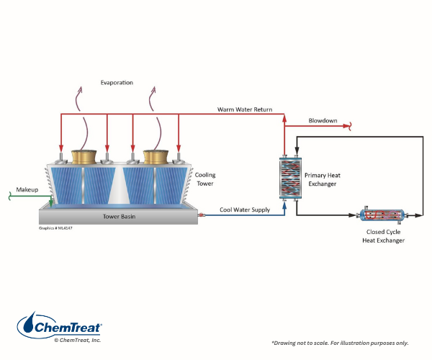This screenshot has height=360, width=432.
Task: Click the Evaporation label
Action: coord(117,83)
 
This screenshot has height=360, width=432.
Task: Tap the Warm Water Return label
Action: coord(245,109)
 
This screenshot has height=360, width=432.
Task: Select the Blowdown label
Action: coord(323,120)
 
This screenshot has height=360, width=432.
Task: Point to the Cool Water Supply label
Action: coord(245,210)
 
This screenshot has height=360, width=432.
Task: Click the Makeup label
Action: coord(27,190)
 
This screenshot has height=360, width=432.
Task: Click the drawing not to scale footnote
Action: coord(349,343)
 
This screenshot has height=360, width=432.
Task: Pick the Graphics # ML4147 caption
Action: coord(54,228)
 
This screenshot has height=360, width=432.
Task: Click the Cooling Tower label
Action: coord(204,179)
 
